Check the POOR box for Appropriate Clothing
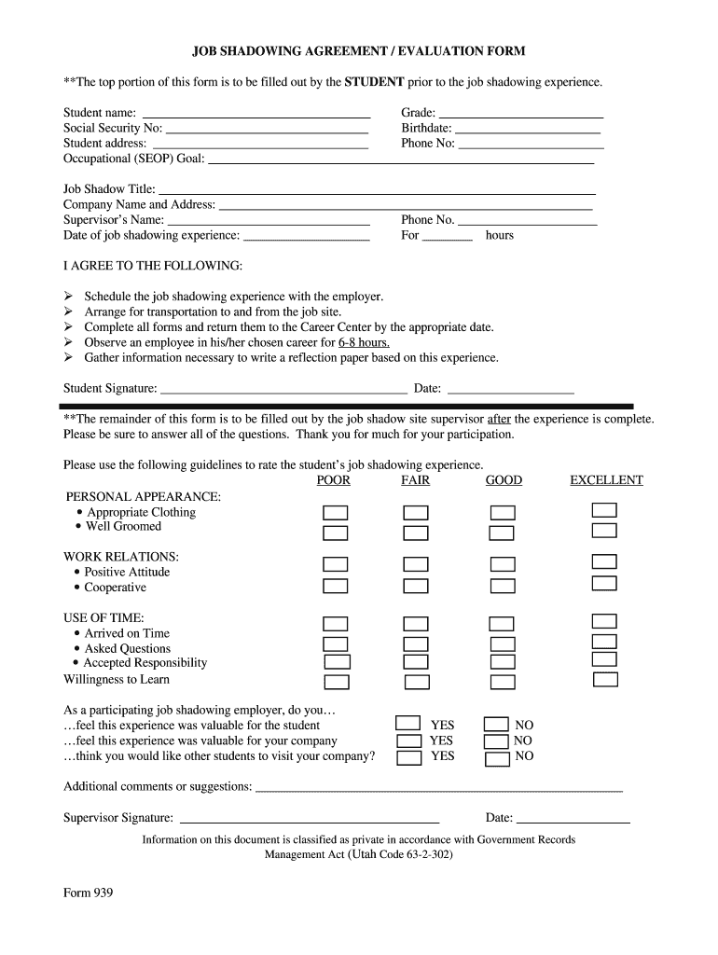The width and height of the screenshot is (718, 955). coord(335,513)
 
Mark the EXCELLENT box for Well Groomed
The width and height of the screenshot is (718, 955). coord(604,531)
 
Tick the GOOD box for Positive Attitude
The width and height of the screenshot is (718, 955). coord(503,564)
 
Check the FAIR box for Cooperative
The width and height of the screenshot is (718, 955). coord(416,586)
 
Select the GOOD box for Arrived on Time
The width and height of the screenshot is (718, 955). coord(502,624)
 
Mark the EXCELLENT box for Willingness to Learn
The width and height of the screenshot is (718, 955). coord(604,679)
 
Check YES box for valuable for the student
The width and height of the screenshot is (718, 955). coord(408,723)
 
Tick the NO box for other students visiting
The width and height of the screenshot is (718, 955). coord(496,756)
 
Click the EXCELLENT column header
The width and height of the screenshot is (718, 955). coord(606,480)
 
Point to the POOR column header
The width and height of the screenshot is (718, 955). coord(334,480)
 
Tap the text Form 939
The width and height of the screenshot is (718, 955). coord(88,893)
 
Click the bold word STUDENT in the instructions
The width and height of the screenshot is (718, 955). coord(374,82)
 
